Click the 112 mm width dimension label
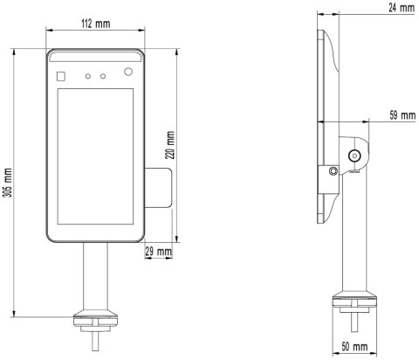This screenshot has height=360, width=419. [95, 24]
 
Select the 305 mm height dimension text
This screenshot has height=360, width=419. [9, 183]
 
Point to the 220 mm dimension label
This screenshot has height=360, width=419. [170, 145]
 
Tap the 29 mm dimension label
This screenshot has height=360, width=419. [159, 251]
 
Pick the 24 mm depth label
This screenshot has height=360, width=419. [402, 8]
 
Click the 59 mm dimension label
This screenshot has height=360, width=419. [402, 115]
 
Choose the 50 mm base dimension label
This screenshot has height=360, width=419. [354, 347]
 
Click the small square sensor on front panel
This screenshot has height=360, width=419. [61, 76]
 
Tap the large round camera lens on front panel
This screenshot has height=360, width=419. [128, 72]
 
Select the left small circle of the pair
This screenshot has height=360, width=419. [88, 76]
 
